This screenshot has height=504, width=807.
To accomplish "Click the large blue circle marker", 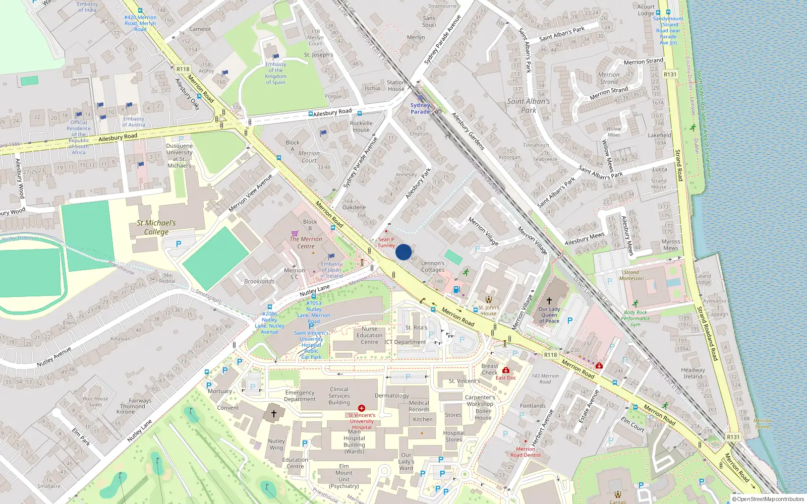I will [x=403, y=252].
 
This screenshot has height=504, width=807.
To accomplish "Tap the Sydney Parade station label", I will [x=420, y=108].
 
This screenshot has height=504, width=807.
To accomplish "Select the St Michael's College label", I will [x=156, y=227].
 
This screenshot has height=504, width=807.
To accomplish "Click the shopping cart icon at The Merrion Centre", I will [x=295, y=233].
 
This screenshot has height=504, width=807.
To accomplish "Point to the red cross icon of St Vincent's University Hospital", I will [x=362, y=408].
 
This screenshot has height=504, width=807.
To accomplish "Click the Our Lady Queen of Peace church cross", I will [x=549, y=300].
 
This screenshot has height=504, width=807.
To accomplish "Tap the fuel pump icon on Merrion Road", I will [x=456, y=289].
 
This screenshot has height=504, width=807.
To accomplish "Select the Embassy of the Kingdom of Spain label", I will [x=275, y=73].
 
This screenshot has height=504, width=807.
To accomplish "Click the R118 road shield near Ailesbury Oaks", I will [x=183, y=69].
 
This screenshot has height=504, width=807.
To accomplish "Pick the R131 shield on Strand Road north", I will [x=670, y=74].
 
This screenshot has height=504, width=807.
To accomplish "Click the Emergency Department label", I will [x=300, y=396].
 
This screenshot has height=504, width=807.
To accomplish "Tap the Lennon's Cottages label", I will [x=433, y=266].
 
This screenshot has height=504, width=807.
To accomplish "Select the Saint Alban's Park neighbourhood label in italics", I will [x=528, y=105].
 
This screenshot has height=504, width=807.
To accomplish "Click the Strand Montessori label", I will [x=631, y=275].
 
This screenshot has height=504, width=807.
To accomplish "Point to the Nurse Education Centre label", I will [x=369, y=335].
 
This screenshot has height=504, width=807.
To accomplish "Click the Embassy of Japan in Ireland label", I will [x=331, y=270].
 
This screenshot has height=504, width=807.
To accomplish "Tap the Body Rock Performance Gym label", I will [x=635, y=318].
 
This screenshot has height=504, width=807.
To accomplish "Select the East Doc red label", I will [x=505, y=377].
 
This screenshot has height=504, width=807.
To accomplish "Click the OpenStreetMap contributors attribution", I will [x=768, y=499].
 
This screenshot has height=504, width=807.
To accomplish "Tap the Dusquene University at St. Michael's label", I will [x=179, y=155].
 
